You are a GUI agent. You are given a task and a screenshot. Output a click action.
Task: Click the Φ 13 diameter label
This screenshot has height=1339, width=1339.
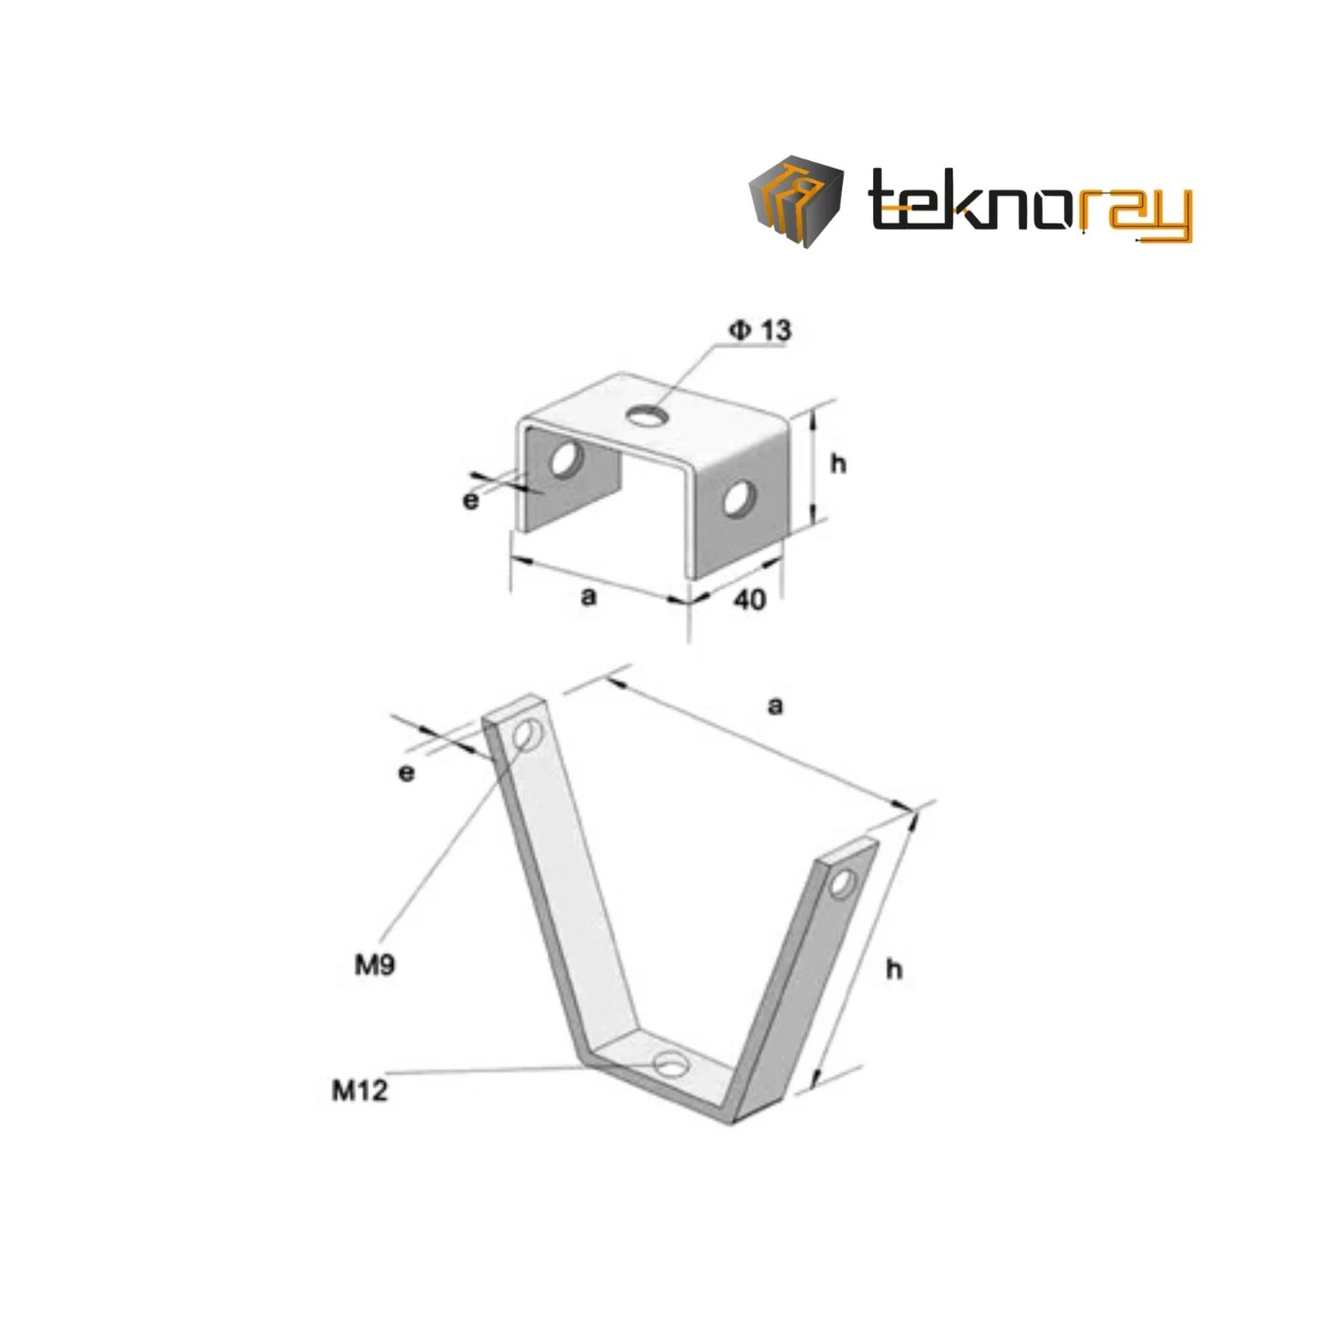(760, 330)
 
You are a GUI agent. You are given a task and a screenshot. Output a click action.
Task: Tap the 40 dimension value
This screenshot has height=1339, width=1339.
(750, 600)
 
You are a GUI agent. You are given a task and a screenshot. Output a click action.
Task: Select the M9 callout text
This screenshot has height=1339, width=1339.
(375, 965)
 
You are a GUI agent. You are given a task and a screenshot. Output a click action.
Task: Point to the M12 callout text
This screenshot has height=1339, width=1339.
(360, 1091)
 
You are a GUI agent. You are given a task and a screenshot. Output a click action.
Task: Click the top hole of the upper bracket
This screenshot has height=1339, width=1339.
(648, 416)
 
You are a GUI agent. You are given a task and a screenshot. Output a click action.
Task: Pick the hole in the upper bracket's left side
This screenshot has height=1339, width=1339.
(565, 459)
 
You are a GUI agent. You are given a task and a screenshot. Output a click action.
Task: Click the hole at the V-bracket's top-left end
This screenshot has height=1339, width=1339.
(529, 735)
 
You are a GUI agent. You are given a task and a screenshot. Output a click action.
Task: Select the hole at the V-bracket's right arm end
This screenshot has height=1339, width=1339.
(843, 882)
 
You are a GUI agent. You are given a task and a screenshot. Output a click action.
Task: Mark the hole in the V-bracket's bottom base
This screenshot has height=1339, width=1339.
(671, 1066)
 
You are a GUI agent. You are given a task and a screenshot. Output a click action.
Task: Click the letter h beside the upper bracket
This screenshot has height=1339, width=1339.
(838, 463)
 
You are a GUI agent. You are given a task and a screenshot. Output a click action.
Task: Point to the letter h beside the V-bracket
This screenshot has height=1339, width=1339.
(894, 969)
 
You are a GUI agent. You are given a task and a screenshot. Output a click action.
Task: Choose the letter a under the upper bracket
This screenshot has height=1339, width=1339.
(588, 596)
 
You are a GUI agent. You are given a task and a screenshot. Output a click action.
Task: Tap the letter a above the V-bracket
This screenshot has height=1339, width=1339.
(775, 706)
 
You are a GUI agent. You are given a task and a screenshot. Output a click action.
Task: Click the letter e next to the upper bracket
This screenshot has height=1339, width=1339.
(470, 500)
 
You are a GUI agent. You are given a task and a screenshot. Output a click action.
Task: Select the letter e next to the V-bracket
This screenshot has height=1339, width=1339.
(407, 773)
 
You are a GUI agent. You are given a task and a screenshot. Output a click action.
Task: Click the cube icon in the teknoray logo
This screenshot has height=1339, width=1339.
(796, 201)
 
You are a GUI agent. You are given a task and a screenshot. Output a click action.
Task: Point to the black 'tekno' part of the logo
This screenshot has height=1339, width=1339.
(970, 200)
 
